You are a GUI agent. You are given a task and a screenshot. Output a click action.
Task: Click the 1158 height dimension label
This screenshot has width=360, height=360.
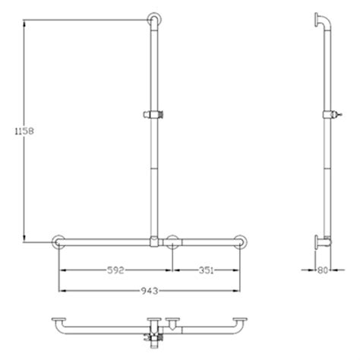click(x=21, y=130)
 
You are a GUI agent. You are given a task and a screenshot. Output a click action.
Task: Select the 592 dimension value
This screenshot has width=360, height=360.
click(x=116, y=268)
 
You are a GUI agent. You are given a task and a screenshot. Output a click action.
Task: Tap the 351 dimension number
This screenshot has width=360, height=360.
click(x=207, y=268)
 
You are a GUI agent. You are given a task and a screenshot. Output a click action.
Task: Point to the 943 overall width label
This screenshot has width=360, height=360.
click(x=150, y=289)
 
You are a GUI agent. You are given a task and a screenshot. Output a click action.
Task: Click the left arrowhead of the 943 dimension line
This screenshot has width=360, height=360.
click(x=61, y=289)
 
